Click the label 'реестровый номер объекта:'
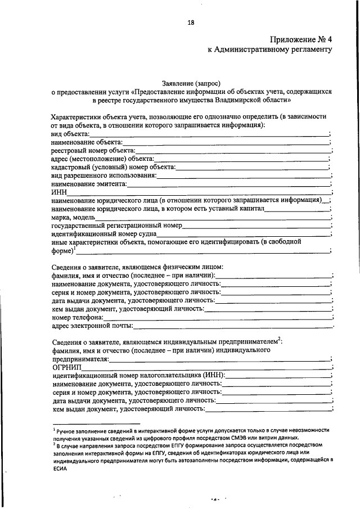[x=92, y=151]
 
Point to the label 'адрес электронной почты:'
[x=92, y=326]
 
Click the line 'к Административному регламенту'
[x=270, y=49]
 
